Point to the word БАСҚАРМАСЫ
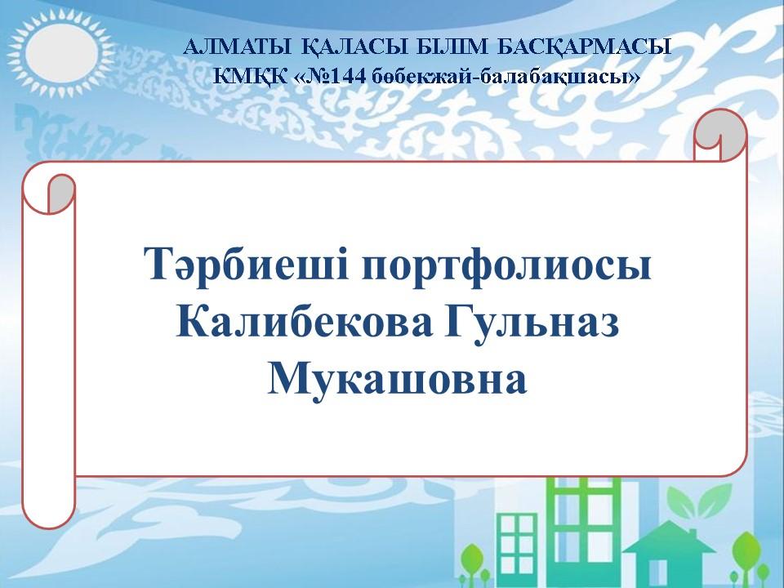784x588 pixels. [x=584, y=48]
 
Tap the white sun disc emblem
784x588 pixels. [x=61, y=51]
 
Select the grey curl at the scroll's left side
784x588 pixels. [x=60, y=193]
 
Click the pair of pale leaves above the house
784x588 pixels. [x=697, y=496]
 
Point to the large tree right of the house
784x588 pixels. [x=746, y=556]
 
